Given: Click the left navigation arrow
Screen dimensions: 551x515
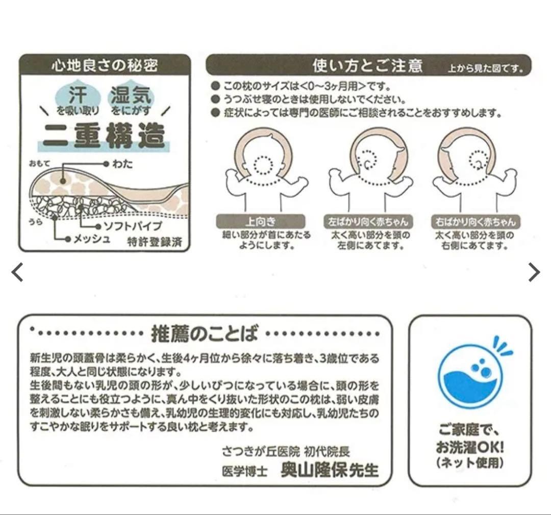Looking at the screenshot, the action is pos(17,272).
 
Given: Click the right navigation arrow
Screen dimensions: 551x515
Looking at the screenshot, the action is pos(534,272).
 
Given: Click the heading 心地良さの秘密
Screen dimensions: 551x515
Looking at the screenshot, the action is pos(105,65).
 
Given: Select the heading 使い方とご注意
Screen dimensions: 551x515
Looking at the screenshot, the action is pos(367,65).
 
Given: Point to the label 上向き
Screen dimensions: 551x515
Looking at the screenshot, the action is pos(260,222).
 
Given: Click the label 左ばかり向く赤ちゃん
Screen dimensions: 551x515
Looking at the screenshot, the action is pos(368,222).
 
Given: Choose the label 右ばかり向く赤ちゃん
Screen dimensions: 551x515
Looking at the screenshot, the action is pos(475,222).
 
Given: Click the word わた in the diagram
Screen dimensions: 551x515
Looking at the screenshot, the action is pos(122,164).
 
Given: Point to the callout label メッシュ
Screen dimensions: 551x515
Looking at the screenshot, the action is pos(92,239).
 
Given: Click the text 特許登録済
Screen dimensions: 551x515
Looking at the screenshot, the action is pos(155,242).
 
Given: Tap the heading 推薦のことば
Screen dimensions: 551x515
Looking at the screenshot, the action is pos(205,333).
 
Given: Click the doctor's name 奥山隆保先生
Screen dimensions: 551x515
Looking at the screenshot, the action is pos(330,469).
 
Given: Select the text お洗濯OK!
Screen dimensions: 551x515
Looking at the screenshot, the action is pos(470,447).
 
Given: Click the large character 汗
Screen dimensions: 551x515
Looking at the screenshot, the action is pos(78,95).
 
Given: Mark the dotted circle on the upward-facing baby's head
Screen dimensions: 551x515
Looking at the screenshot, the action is pos(263,164).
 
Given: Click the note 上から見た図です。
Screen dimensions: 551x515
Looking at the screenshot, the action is pos(485,68).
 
